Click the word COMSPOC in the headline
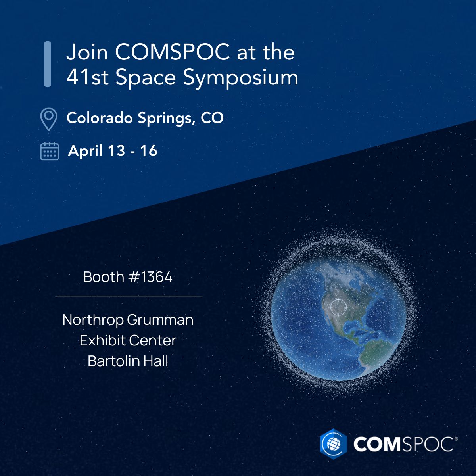(x=172, y=52)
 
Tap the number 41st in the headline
(x=87, y=77)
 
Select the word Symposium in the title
(x=241, y=78)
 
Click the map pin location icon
(x=49, y=119)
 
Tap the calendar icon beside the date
(x=50, y=151)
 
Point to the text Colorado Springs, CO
(x=145, y=118)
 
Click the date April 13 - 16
(x=113, y=151)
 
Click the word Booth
(x=104, y=277)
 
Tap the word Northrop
(x=93, y=320)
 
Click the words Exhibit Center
(x=128, y=340)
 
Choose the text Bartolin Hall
(x=128, y=361)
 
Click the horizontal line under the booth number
(x=128, y=296)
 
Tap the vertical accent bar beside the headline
(x=48, y=64)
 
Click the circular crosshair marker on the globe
(x=338, y=307)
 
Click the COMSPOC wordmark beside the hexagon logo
(x=403, y=444)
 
